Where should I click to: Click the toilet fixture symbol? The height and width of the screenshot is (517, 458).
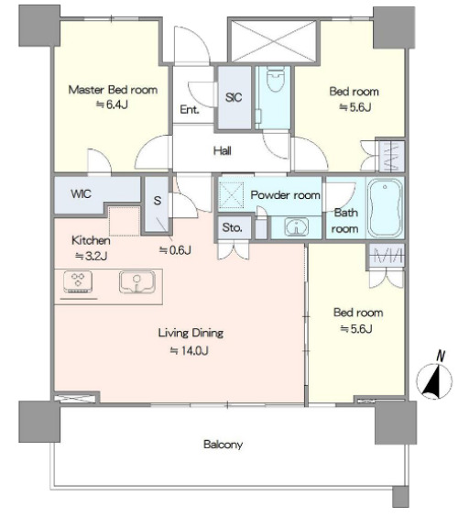point(276,78)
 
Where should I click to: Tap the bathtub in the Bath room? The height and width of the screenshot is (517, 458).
point(385,208)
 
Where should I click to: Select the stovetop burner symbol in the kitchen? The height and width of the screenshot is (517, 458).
point(78,282)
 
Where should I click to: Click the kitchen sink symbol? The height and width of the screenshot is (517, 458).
point(137,282)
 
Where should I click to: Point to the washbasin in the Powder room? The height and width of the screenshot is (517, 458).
point(297,227)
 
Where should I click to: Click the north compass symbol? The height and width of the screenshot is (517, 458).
point(434,377)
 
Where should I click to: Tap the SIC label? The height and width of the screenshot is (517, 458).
point(234,97)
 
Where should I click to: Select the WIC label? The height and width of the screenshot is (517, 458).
point(81,194)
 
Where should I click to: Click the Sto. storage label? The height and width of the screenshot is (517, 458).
point(233,227)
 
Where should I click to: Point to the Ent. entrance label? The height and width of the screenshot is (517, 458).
point(190,109)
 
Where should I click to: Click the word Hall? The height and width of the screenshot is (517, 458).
point(222,151)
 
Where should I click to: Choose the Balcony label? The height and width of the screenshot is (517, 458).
point(224,445)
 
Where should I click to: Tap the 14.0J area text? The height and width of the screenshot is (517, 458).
point(189,350)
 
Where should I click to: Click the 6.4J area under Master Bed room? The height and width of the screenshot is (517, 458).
point(112,104)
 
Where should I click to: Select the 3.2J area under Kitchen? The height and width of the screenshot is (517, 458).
point(92,256)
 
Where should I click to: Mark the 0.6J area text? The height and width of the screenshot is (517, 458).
point(175,250)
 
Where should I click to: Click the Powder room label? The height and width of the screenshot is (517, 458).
point(286,195)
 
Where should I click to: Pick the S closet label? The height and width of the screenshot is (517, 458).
point(158,200)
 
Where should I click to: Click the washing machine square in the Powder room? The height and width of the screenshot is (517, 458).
point(232,195)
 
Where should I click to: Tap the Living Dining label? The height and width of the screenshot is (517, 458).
point(191,333)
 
